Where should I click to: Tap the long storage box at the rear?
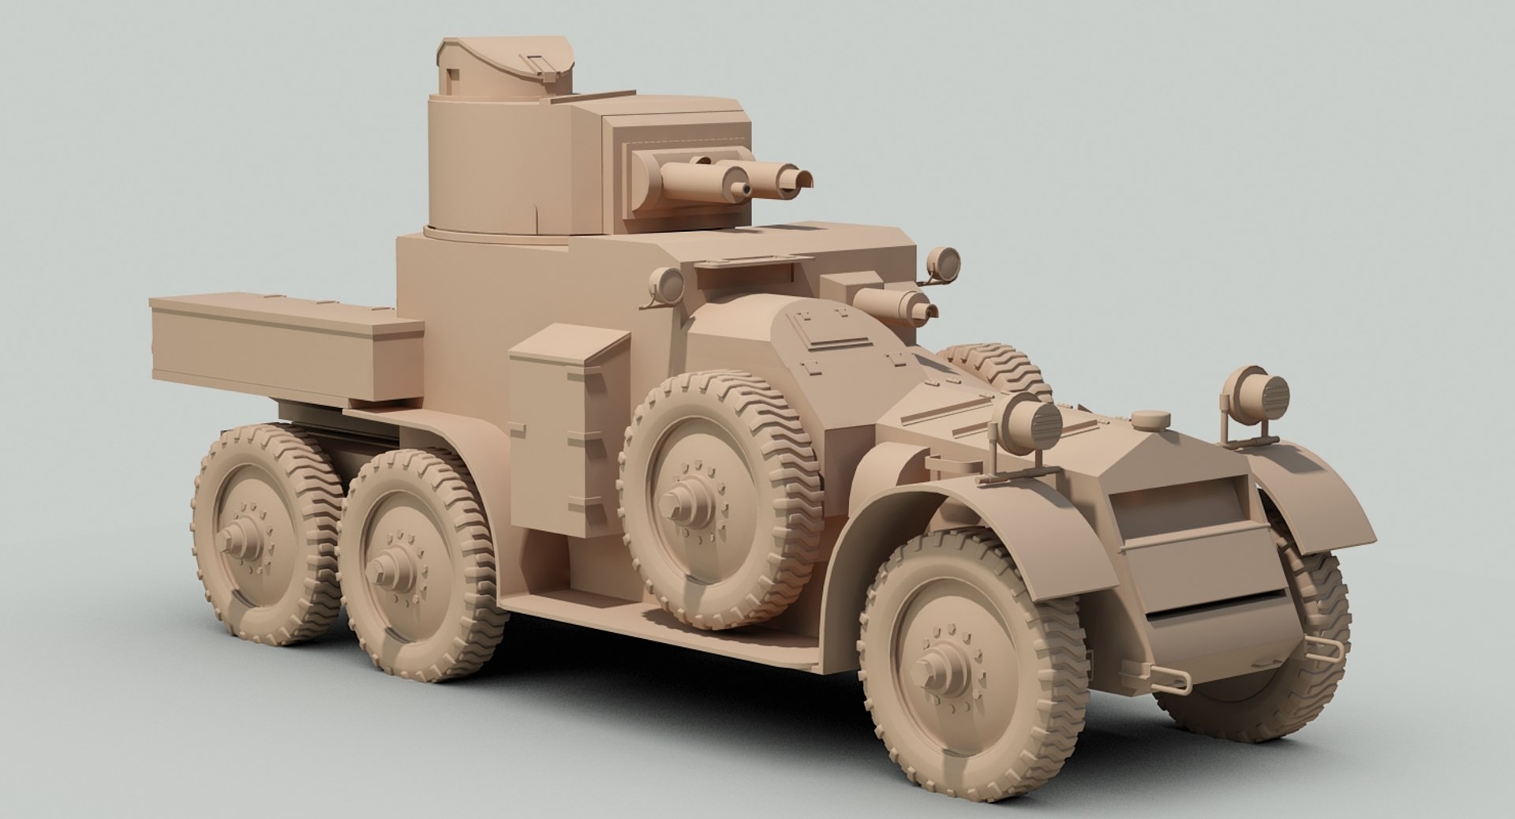284,347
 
